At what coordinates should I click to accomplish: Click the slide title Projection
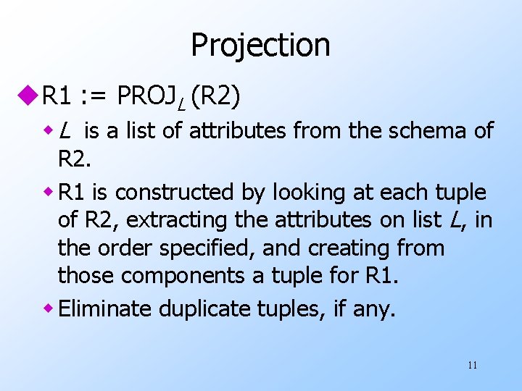[260, 45]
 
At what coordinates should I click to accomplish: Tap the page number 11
[472, 365]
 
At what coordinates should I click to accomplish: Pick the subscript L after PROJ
[181, 102]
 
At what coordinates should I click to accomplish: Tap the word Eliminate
[105, 309]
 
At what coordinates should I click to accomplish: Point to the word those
[86, 276]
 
